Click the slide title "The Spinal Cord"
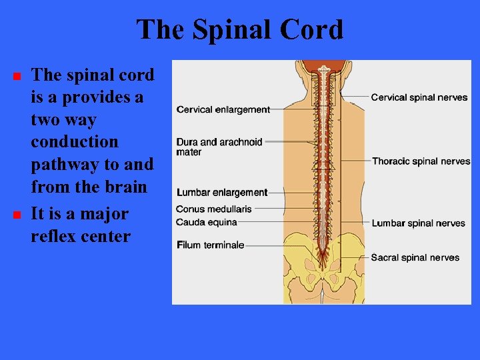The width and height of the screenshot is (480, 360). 240,30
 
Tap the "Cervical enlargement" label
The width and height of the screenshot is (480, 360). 223,109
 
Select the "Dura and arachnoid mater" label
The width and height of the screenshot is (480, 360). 219,147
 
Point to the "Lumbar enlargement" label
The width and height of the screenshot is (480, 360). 222,193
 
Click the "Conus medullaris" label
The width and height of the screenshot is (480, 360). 214,209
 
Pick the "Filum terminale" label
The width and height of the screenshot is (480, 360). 211,245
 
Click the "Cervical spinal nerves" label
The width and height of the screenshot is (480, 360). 419,97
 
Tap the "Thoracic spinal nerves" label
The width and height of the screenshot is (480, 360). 421,161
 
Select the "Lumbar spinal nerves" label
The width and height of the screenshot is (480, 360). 418,223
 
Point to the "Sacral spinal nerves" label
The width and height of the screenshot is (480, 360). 415,257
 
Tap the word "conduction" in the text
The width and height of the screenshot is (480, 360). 75,143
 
